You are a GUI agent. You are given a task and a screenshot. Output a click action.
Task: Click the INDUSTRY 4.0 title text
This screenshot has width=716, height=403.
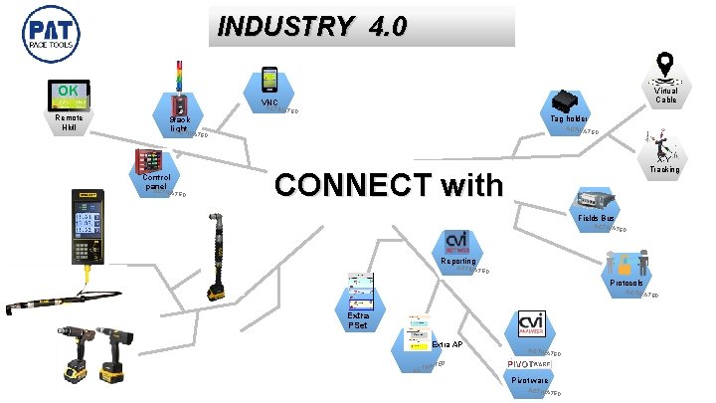[x=312, y=26]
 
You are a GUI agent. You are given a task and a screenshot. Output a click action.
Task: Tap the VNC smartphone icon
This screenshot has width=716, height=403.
[x=269, y=80]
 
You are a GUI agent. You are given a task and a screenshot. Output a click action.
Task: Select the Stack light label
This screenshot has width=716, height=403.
[x=179, y=122]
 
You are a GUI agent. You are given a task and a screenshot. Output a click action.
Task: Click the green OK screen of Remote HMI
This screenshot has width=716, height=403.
[x=70, y=96]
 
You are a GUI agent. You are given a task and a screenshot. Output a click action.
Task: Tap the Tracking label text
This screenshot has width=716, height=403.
[x=664, y=170]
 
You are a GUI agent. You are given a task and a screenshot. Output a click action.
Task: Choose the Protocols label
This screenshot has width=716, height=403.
[x=626, y=283]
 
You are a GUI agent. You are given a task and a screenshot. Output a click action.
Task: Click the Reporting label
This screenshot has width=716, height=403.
[x=457, y=262]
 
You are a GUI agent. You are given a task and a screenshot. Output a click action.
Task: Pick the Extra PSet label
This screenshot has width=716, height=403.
[x=359, y=319]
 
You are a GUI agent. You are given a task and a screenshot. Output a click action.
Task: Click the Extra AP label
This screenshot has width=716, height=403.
[x=447, y=343]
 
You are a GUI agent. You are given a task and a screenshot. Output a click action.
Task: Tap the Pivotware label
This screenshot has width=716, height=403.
[x=529, y=380]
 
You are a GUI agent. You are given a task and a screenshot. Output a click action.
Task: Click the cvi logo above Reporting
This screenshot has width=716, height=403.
[x=457, y=241]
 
